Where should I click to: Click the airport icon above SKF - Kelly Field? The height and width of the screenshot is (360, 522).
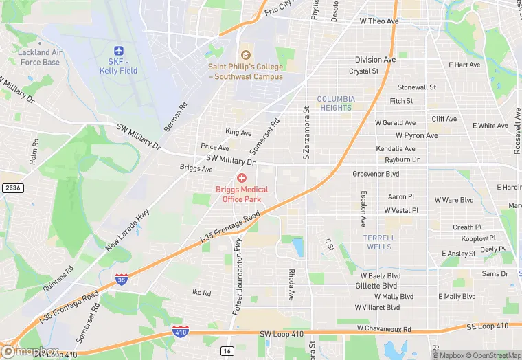[118, 52]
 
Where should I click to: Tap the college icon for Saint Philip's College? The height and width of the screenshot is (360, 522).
[245, 55]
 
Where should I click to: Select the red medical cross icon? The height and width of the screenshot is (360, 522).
[241, 178]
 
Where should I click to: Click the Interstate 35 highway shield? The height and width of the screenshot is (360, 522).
[122, 278]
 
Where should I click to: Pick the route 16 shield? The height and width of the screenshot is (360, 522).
[227, 350]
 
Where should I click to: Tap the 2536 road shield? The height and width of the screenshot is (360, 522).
[11, 188]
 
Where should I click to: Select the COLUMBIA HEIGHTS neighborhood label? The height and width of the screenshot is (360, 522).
[335, 103]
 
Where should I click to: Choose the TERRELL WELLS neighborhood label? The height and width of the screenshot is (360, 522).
[378, 242]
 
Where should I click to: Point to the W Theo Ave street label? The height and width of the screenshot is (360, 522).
[379, 21]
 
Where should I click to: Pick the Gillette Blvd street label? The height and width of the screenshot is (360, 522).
[376, 286]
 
